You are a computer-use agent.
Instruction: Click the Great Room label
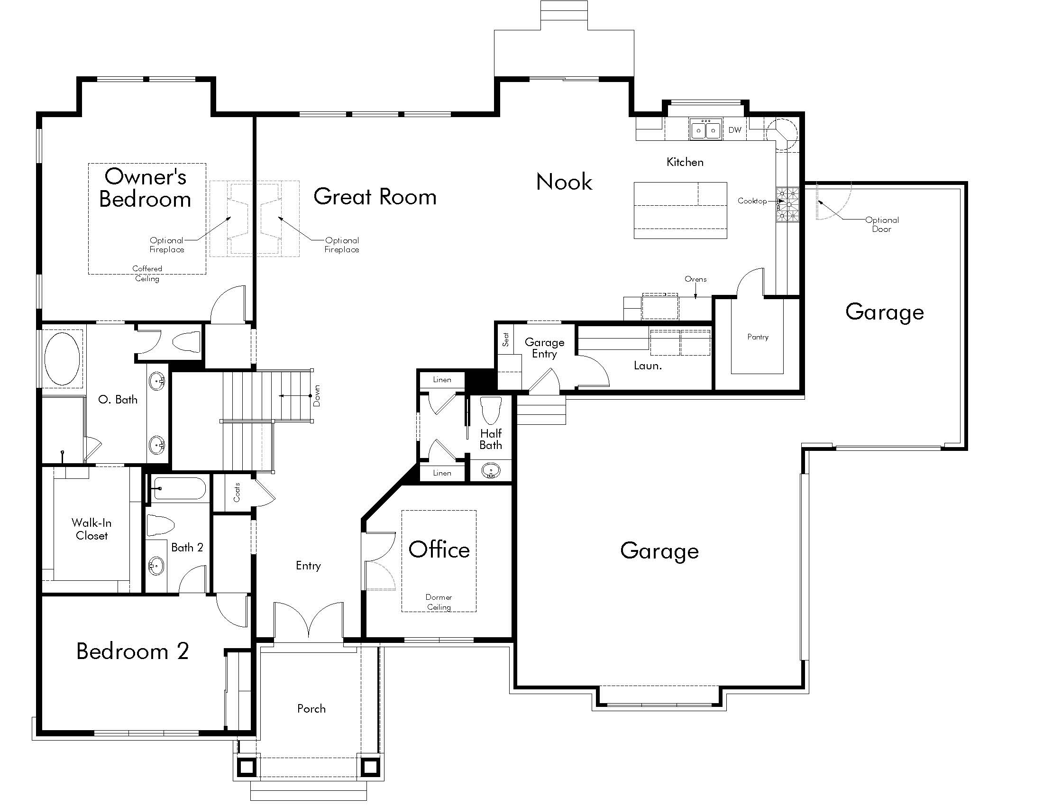click(x=375, y=197)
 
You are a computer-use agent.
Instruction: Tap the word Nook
click(x=564, y=182)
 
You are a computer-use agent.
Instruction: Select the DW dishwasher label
click(x=734, y=130)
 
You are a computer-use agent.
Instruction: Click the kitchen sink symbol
click(x=705, y=130)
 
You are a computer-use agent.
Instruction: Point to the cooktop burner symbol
click(x=787, y=205)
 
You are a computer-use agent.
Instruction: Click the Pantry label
click(x=758, y=337)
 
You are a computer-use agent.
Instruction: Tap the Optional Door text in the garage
click(x=882, y=224)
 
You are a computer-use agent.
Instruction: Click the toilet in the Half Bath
click(x=491, y=410)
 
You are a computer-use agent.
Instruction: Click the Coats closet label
click(x=237, y=492)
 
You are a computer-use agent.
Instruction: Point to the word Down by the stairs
click(x=317, y=396)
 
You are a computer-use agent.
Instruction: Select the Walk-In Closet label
click(x=91, y=529)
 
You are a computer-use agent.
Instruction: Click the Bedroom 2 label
click(x=132, y=651)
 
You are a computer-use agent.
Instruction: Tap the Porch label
click(x=311, y=709)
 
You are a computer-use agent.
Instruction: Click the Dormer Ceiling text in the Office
click(x=439, y=602)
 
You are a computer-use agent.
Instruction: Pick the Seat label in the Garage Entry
click(x=506, y=339)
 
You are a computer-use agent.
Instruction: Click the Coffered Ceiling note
click(x=147, y=273)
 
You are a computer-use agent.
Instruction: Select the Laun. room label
click(x=647, y=366)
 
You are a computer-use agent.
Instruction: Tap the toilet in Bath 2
click(x=159, y=525)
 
